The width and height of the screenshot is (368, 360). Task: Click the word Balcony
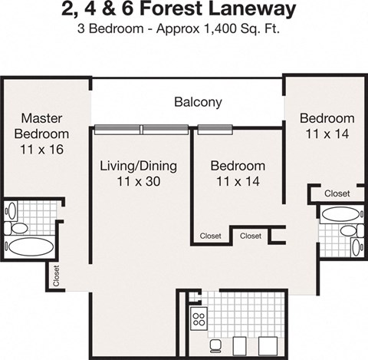[x=198, y=101]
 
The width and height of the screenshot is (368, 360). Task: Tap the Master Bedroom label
[x=41, y=126]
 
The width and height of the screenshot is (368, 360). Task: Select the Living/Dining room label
[x=139, y=166]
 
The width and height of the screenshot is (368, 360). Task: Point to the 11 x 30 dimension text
[x=139, y=182]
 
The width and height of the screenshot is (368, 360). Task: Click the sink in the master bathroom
[x=11, y=210]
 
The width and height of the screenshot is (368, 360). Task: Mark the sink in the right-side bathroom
[x=356, y=247]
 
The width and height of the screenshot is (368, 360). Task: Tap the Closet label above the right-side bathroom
[x=337, y=193]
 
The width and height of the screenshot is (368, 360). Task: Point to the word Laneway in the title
[x=255, y=11]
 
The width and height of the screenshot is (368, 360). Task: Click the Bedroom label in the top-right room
[x=327, y=118]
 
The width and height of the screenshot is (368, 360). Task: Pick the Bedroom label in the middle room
[x=238, y=166]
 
